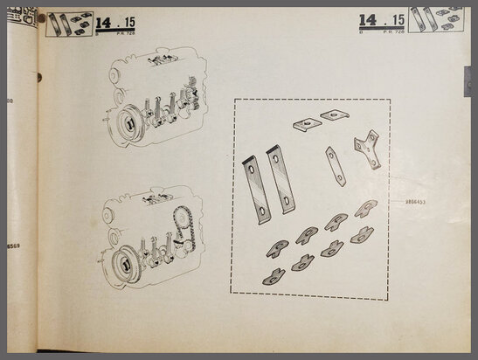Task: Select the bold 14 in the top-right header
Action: pos(368,18)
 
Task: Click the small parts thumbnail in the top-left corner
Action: pos(67,22)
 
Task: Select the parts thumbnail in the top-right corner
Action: pos(435,18)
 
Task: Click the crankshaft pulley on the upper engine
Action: pos(128,122)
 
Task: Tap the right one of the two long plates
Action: pos(281,178)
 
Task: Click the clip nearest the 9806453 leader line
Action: pos(366,208)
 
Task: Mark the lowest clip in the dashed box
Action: pos(274,277)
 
